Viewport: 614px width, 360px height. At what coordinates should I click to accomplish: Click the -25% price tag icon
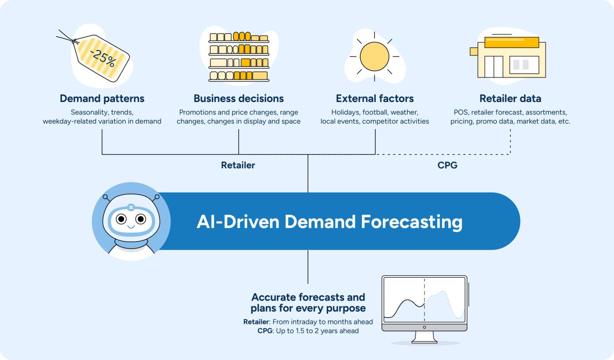point(102,58)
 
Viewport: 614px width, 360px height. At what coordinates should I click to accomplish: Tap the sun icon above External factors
point(374,56)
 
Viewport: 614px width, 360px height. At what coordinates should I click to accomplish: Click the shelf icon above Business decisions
point(239,57)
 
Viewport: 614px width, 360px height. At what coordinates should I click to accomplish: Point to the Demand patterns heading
point(102,98)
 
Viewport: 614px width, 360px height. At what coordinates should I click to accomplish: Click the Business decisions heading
point(239,98)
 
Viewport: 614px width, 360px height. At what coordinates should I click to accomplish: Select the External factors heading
point(375,98)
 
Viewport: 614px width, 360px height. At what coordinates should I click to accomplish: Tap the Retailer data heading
point(510,98)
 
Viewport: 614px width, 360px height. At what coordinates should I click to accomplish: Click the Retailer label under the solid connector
point(238,165)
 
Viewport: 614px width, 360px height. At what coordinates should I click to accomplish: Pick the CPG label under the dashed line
point(447,165)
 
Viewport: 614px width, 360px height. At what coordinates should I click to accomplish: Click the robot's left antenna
point(106,197)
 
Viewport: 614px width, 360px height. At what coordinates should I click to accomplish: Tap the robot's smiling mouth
point(131,227)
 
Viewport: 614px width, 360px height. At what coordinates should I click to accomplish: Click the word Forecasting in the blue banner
point(411,222)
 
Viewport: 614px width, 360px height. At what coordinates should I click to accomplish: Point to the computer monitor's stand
point(424,337)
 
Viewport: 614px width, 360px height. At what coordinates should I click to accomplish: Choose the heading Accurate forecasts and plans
point(308,303)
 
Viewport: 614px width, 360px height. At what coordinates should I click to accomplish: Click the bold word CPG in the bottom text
point(265,331)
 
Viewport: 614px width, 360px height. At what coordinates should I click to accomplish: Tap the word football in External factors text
point(375,112)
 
